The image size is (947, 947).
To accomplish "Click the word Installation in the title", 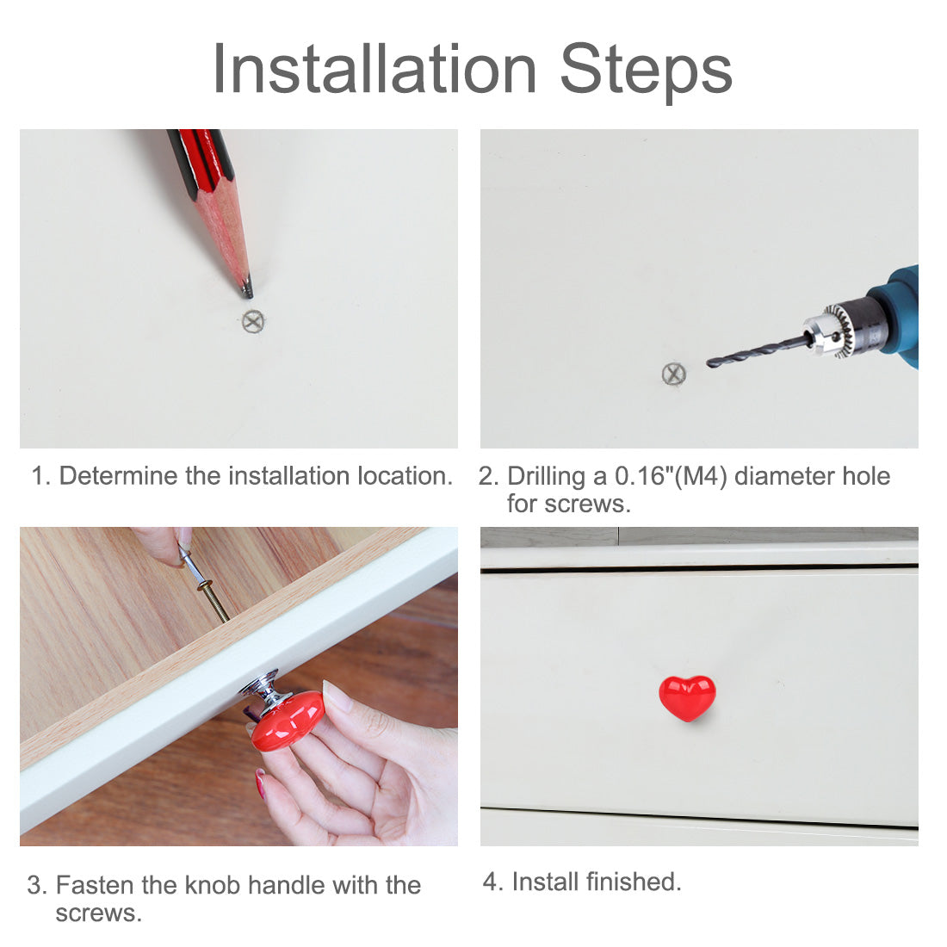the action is pos(374,70).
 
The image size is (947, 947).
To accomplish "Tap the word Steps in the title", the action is pos(646,72).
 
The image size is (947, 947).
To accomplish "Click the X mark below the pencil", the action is pos(253,321).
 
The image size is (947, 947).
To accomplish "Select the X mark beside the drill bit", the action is pos(674,374).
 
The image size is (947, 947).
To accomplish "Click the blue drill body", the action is pos(899,314).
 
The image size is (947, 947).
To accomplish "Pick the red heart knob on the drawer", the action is pos(687,697).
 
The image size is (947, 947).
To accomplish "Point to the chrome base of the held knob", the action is pos(266,690).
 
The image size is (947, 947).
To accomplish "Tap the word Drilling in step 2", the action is pos(546,477).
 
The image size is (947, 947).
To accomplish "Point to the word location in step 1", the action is pos(405,476).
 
